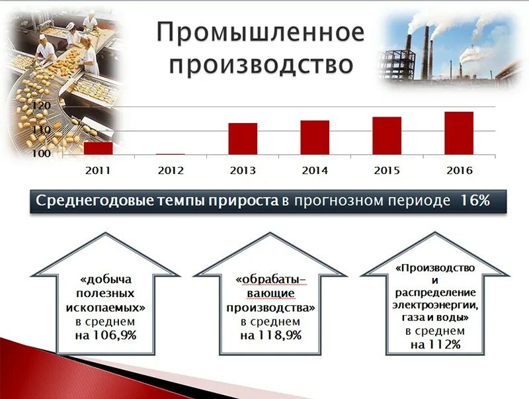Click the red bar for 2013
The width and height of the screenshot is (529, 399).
pos(243,138)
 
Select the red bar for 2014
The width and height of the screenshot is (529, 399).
pos(315,137)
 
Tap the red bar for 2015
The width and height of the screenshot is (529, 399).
pos(387,135)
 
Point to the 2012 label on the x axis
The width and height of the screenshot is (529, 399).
pos(171,170)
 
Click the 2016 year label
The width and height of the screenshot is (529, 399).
pos(459,170)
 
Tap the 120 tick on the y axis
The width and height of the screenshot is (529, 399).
pos(41,106)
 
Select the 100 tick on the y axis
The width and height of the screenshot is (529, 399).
pos(41,154)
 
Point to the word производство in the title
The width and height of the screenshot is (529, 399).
pos(261,65)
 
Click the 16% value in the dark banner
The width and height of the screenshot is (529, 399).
pos(474,200)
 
